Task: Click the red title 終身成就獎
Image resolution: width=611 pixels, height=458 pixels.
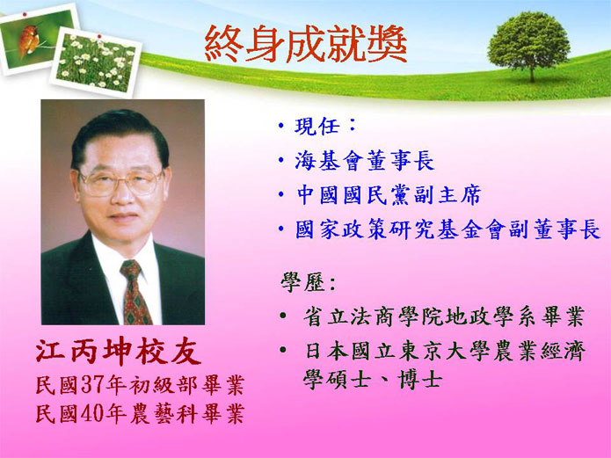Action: pyautogui.click(x=306, y=44)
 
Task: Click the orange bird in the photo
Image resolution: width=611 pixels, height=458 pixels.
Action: pyautogui.click(x=28, y=40)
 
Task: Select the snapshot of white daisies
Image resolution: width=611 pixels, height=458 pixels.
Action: pyautogui.click(x=96, y=62)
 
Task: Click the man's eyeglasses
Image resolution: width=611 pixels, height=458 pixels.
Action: pyautogui.click(x=120, y=182)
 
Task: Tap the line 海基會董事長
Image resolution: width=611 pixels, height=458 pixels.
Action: pyautogui.click(x=364, y=161)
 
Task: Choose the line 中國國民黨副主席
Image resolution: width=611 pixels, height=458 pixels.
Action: pyautogui.click(x=388, y=195)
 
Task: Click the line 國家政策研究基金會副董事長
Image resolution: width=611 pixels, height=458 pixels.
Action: pyautogui.click(x=447, y=229)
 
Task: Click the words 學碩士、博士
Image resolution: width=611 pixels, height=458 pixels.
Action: pyautogui.click(x=373, y=379)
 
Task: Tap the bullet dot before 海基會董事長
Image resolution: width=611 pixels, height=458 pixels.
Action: pyautogui.click(x=281, y=161)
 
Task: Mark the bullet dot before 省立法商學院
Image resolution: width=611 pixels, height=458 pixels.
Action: pyautogui.click(x=283, y=316)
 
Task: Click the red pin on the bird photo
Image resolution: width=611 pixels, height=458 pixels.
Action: pyautogui.click(x=25, y=14)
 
